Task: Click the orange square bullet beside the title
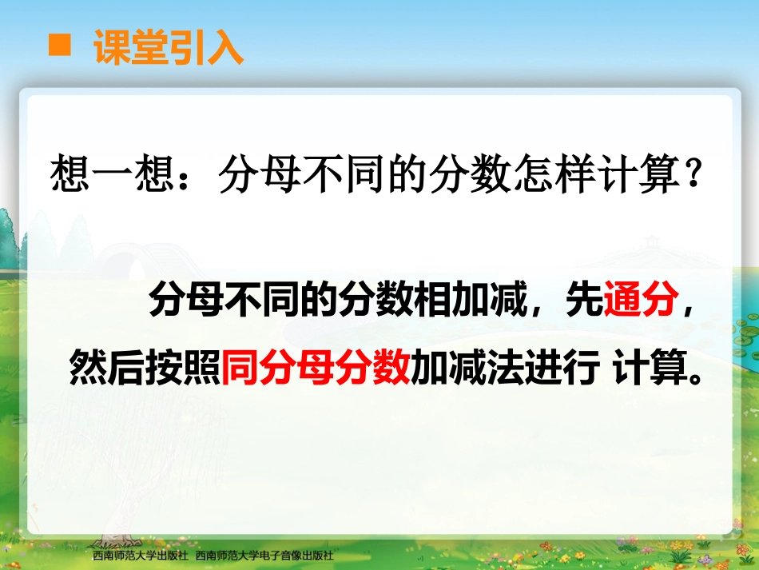point(60,46)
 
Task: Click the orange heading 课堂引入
point(168,48)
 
